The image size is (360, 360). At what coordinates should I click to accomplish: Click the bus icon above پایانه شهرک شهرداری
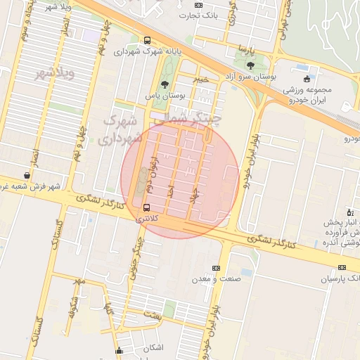147,41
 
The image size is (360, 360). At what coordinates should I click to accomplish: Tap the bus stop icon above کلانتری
146,207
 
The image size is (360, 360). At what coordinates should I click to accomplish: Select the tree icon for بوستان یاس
165,84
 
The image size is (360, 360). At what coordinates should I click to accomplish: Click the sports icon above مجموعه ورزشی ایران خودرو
307,79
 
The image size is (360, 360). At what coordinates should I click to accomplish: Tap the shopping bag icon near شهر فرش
27,175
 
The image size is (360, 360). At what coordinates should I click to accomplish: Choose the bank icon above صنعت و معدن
216,268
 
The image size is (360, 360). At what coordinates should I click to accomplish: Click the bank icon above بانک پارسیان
342,267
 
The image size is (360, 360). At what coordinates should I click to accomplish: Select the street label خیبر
202,79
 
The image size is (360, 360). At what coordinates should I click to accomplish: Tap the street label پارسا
244,50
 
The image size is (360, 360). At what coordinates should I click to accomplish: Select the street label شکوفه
71,307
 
